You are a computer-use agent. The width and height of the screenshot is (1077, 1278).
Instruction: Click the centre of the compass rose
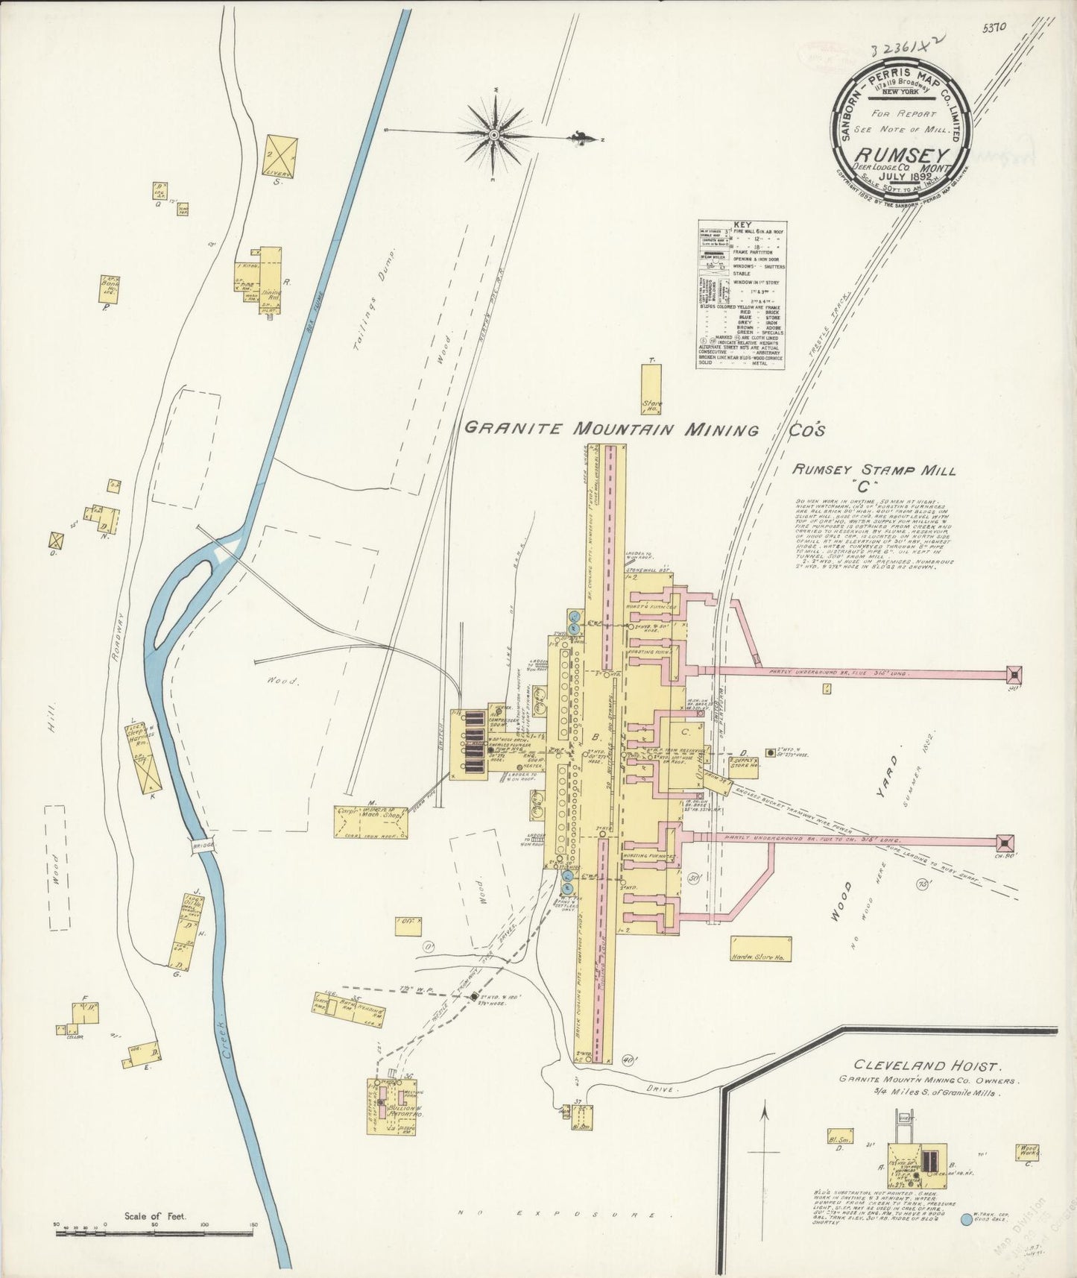click(x=495, y=134)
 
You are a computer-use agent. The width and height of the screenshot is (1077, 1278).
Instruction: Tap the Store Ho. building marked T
click(x=652, y=388)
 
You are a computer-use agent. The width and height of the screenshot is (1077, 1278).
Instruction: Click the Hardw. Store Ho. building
click(x=760, y=948)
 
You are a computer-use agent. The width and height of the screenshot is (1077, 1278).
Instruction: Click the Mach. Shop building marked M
click(x=371, y=821)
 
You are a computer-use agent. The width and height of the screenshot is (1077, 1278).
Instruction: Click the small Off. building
click(x=407, y=922)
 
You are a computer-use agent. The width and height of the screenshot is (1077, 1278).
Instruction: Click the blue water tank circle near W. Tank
click(x=967, y=1220)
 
